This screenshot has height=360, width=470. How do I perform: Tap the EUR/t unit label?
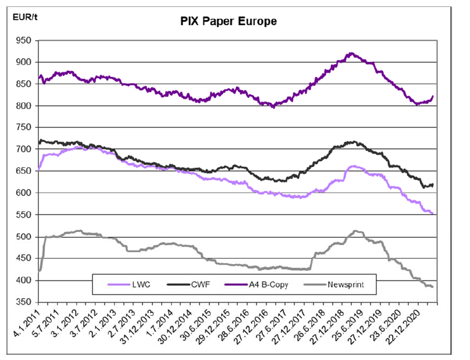24,15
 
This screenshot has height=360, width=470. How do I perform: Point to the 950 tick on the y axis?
24,41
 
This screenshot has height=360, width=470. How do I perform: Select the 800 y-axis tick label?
24,106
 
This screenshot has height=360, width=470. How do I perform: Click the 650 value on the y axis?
24,171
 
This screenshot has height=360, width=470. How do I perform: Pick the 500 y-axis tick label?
24,237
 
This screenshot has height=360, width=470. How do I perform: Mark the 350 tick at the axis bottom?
24,302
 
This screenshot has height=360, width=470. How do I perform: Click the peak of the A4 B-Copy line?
351,54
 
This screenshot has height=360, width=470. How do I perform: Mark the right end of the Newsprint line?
433,287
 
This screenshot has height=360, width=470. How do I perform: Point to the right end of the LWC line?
433,213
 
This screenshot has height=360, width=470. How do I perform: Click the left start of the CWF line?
39,142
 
